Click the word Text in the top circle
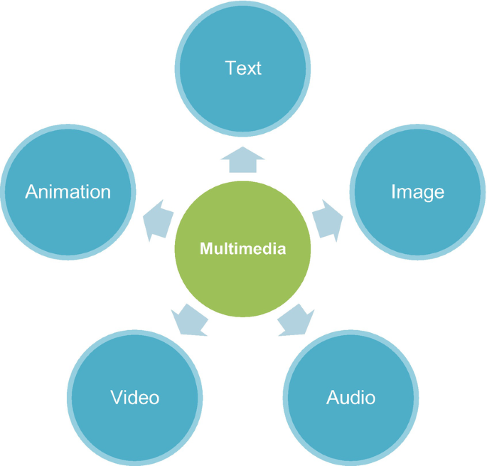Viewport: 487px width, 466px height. (x=243, y=68)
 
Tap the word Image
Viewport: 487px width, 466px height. (x=417, y=192)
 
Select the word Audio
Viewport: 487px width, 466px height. (x=350, y=397)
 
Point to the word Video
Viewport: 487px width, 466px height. (x=135, y=397)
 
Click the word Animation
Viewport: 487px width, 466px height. (x=68, y=192)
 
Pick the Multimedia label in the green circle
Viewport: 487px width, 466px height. (x=242, y=249)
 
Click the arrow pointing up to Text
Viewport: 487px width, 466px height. (x=242, y=161)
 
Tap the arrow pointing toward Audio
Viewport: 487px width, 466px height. (x=294, y=321)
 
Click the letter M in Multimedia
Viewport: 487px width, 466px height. (x=205, y=249)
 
